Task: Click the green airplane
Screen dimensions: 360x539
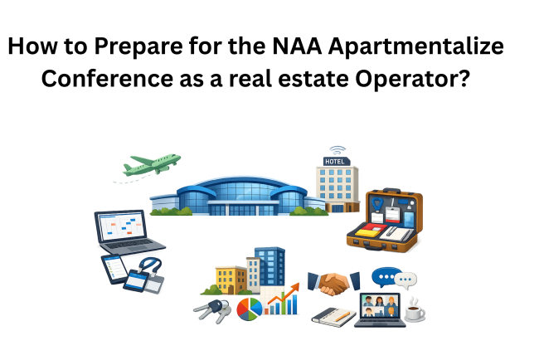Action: (x=152, y=163)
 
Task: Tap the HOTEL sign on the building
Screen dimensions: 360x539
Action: (x=337, y=159)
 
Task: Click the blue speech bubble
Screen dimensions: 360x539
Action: (x=385, y=277)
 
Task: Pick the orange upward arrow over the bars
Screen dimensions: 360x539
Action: (x=284, y=297)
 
